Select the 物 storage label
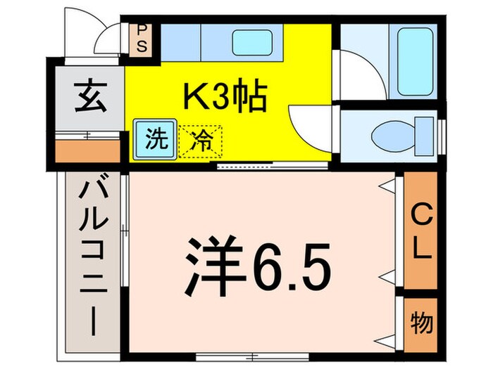point(422,324)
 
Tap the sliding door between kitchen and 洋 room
point(271,166)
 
